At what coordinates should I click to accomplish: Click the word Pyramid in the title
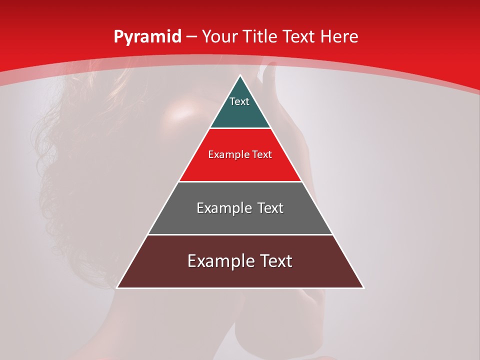pos(147,37)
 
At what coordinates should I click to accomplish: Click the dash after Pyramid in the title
pos(191,37)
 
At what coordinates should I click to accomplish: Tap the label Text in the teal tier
pos(239,101)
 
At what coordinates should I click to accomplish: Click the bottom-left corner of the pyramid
pos(117,287)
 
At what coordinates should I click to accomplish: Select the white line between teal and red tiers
pos(240,128)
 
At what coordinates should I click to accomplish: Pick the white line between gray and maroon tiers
pos(240,234)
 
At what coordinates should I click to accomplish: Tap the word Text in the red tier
pos(262,155)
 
